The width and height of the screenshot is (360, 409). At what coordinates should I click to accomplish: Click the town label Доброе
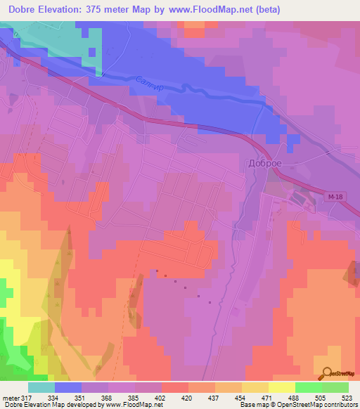pyautogui.click(x=265, y=162)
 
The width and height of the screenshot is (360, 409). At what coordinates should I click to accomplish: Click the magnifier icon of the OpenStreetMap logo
pyautogui.click(x=326, y=375)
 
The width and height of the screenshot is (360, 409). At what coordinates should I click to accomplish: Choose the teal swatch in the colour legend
pyautogui.click(x=41, y=387)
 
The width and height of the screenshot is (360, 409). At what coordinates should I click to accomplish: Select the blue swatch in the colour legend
pyautogui.click(x=68, y=387)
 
